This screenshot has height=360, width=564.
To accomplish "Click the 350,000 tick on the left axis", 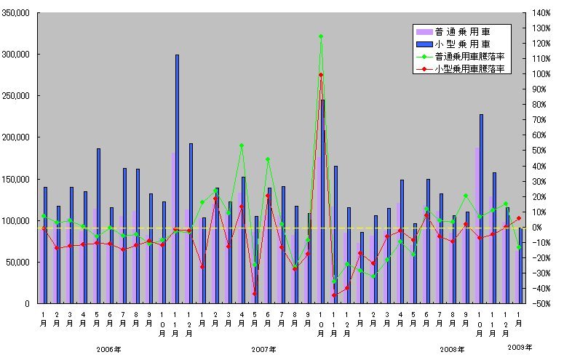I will [x=15, y=13].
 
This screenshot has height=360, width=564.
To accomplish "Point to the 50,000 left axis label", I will [x=17, y=262].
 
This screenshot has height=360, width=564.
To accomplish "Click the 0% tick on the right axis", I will [x=539, y=228].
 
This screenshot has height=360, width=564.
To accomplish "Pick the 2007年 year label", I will [x=264, y=350].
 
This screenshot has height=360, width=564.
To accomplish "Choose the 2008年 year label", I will [x=453, y=350].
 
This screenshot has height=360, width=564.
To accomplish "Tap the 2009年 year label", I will [x=520, y=346].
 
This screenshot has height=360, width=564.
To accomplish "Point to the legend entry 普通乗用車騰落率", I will [x=469, y=56].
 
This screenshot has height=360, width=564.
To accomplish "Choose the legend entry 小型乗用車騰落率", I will [x=469, y=68].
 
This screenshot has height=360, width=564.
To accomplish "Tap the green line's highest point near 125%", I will [x=320, y=36].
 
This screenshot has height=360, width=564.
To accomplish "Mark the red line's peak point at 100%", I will [x=320, y=75].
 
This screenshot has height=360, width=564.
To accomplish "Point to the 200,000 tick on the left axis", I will [x=15, y=137].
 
